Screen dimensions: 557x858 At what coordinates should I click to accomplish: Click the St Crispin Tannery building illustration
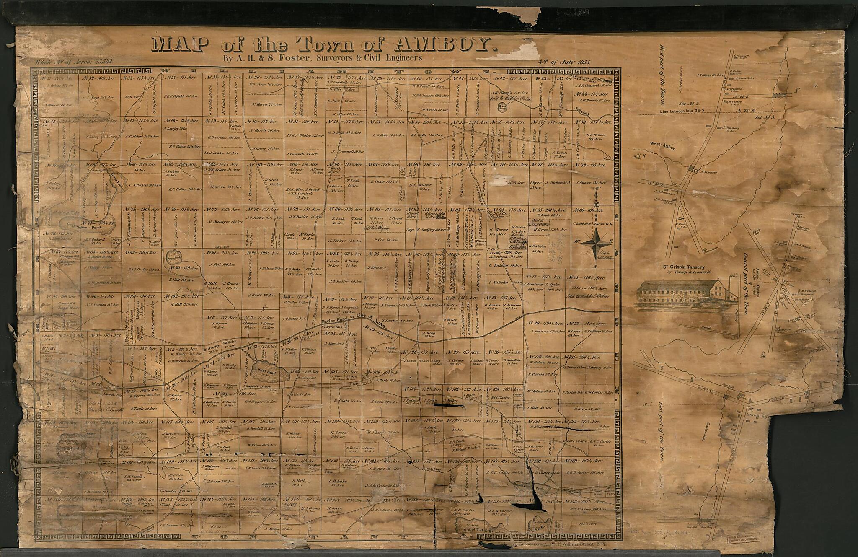point(687,296)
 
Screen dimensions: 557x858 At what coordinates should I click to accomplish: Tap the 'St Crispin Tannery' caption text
point(686,267)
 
